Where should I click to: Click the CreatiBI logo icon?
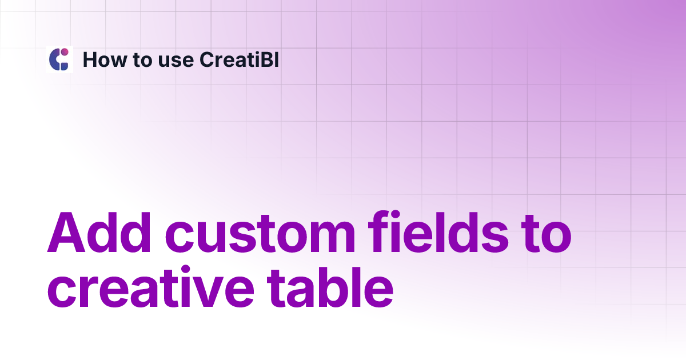(59, 59)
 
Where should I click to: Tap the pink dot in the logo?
(65, 52)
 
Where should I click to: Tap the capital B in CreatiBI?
(267, 59)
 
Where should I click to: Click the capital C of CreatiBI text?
(206, 59)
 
